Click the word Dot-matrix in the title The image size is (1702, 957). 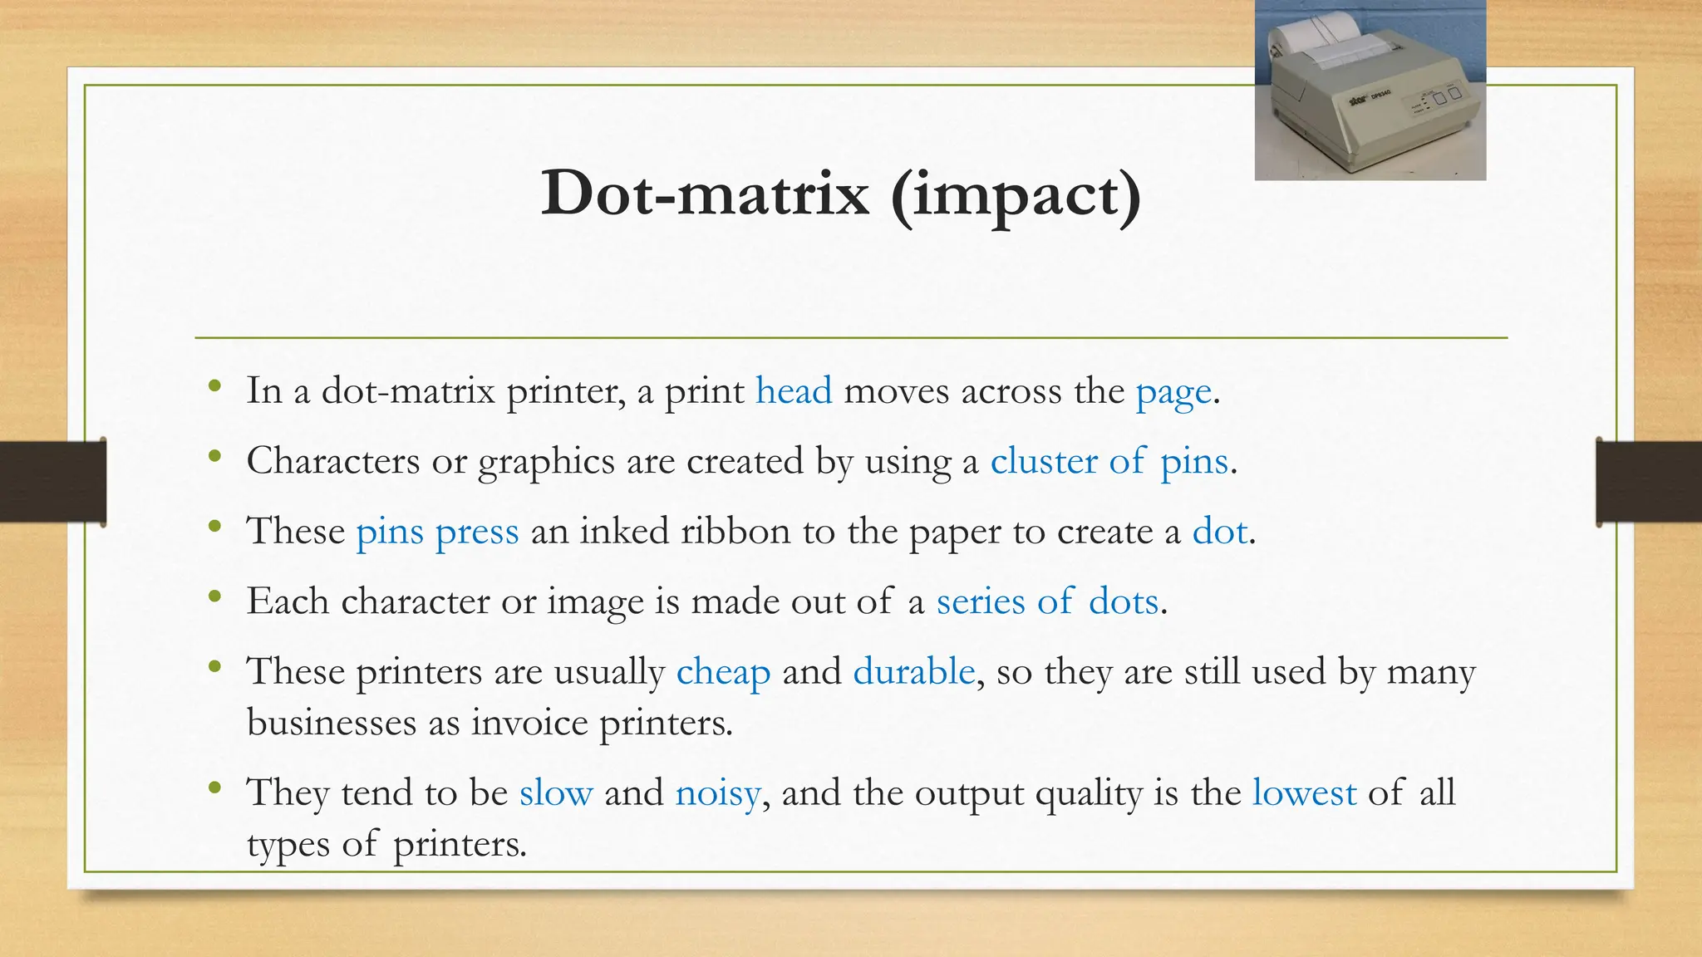point(705,194)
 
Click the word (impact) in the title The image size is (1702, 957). point(1016,196)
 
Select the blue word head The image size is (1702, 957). point(793,390)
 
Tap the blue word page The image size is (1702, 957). point(1173,392)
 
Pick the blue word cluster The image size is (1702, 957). point(1044,461)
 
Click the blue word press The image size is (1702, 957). point(477,532)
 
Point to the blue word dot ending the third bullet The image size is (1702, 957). point(1219,531)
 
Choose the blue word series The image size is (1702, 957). point(981,601)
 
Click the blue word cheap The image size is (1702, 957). point(723,671)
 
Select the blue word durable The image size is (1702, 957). point(913,670)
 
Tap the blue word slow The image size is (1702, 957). point(556,793)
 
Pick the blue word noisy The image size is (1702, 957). point(717,793)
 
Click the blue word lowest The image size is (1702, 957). point(1304,793)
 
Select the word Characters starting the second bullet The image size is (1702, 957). point(332,461)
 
